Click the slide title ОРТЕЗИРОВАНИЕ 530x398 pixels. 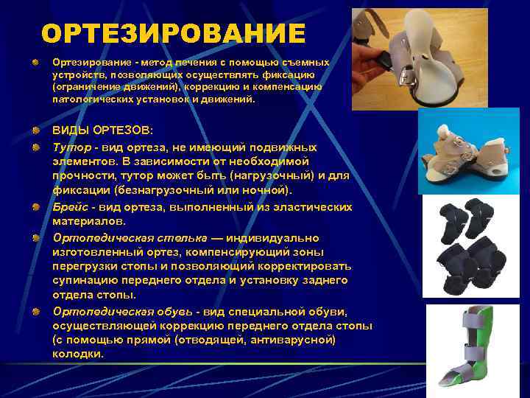(173, 33)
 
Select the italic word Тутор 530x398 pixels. (69, 147)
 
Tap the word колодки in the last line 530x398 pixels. (78, 354)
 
